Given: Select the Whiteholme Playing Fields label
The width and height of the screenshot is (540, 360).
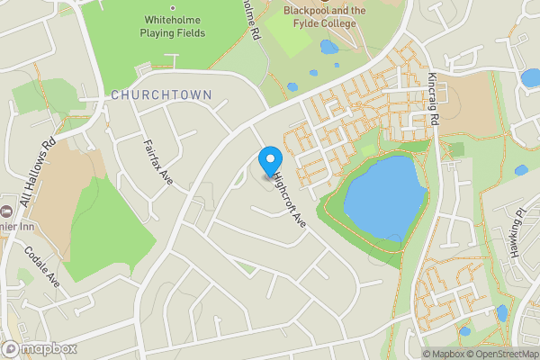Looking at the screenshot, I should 173,26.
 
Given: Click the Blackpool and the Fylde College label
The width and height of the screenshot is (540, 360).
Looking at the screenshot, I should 325,11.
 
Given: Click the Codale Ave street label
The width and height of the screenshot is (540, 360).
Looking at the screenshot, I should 41,266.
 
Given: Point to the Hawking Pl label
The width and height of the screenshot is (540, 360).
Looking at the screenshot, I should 517,237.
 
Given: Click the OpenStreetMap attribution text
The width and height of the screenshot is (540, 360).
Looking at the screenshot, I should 499,353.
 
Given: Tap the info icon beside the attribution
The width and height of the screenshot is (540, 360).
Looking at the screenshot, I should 416,353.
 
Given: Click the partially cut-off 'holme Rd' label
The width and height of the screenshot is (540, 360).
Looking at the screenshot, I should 251,20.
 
